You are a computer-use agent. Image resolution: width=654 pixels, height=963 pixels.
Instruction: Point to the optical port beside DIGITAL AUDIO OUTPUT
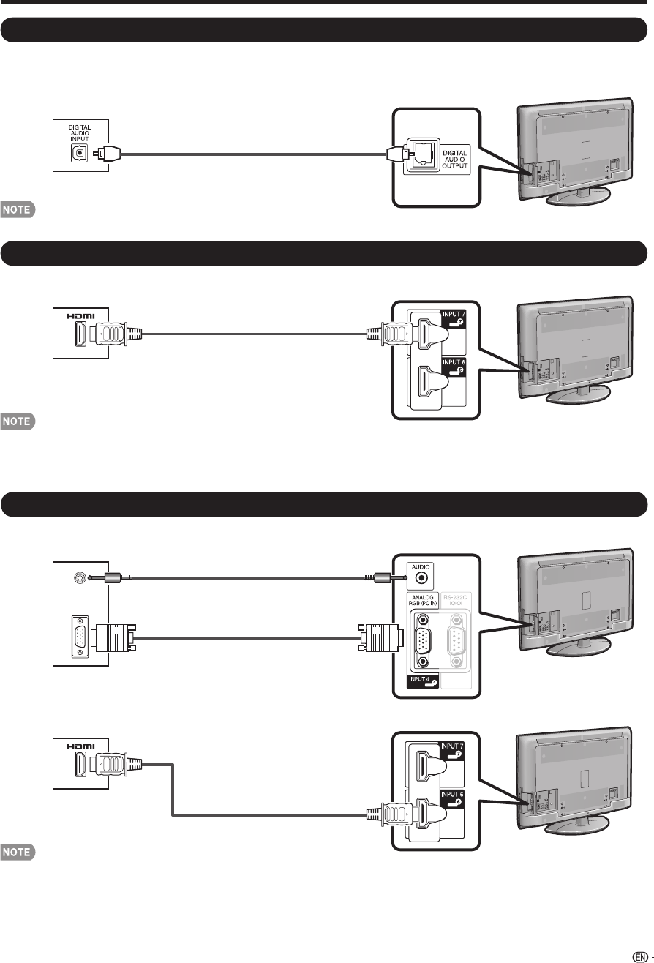421,154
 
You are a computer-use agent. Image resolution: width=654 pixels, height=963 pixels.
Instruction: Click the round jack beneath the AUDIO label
421,577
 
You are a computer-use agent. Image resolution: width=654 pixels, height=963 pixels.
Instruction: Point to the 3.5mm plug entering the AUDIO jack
388,577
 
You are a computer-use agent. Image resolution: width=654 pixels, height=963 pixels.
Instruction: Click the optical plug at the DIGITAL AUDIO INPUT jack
108,154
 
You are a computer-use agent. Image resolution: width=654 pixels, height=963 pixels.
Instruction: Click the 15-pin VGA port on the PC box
78,639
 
